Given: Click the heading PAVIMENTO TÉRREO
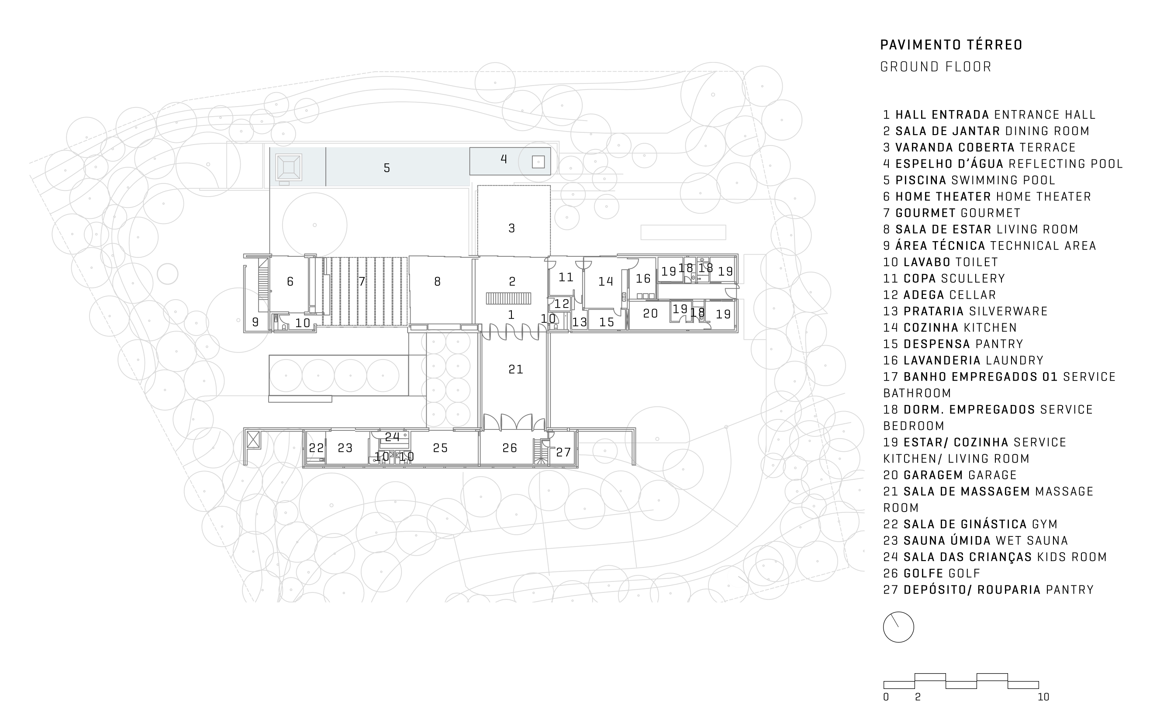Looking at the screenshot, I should (x=951, y=45).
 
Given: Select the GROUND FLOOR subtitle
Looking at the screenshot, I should (x=936, y=67).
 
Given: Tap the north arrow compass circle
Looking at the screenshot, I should (x=898, y=627).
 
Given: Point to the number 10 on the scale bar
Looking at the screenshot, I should (x=1043, y=697).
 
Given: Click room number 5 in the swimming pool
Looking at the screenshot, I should (x=387, y=168).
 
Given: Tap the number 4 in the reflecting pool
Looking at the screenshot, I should (x=503, y=159).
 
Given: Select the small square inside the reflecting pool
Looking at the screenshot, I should (x=538, y=162).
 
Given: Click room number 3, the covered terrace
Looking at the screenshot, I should (x=511, y=228).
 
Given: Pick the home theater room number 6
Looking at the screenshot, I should (x=290, y=282).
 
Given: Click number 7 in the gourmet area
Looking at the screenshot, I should (x=362, y=282).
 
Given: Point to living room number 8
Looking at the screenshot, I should (x=437, y=282).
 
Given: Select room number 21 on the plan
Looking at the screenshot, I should (x=515, y=369).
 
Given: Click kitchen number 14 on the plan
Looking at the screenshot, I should (x=605, y=281).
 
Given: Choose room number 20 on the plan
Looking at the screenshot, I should (x=650, y=313).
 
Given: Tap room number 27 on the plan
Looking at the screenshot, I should (x=563, y=452).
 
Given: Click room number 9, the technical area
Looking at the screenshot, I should (x=255, y=322).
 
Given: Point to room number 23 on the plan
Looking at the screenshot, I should (x=345, y=448).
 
